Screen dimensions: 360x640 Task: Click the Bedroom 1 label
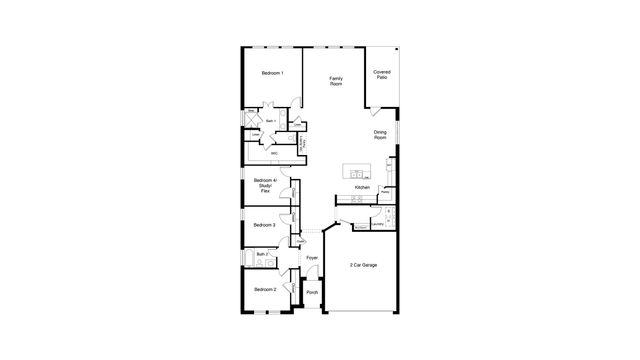[x=273, y=73]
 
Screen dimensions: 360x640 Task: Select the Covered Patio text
[x=381, y=75]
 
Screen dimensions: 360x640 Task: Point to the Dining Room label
[x=380, y=135]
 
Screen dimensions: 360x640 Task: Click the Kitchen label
[x=362, y=187]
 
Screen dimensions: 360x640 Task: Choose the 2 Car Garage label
[x=363, y=265]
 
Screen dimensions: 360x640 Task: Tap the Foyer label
[x=312, y=258]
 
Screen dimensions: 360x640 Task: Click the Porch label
[x=312, y=292]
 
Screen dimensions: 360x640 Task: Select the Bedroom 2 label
[x=264, y=289]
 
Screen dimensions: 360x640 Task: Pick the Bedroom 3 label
[x=264, y=225]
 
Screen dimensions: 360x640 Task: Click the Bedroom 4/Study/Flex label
[x=265, y=186]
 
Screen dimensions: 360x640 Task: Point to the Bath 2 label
[x=262, y=255]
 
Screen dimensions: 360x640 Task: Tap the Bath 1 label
[x=271, y=122]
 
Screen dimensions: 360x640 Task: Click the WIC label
[x=274, y=153]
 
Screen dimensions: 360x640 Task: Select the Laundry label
[x=378, y=225]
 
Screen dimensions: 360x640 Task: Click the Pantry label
[x=384, y=192]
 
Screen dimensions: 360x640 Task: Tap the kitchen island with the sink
[x=357, y=171]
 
